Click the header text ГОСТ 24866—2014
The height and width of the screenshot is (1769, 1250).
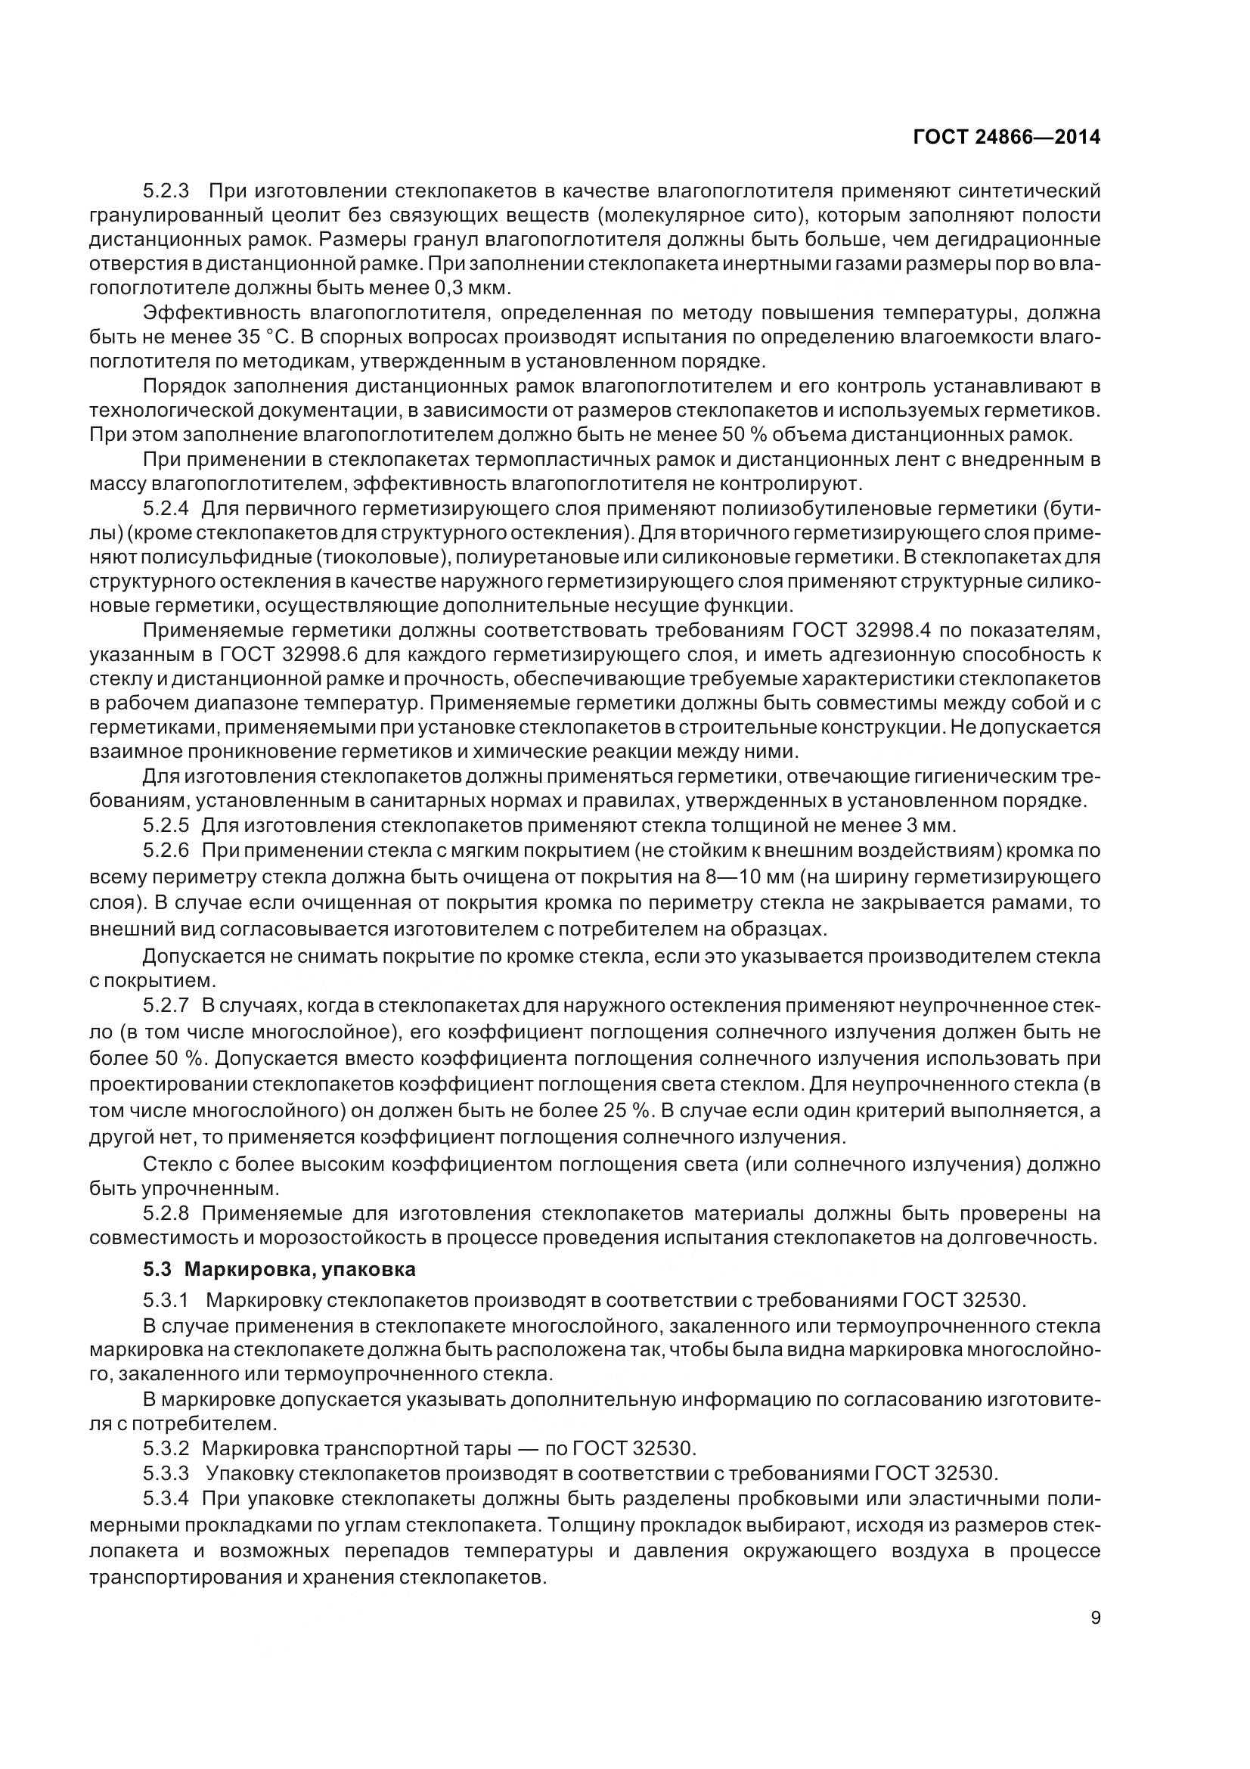(1007, 137)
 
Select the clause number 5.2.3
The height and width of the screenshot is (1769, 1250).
(166, 191)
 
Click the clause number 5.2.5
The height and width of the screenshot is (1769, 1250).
(166, 826)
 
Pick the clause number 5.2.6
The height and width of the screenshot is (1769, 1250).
(166, 851)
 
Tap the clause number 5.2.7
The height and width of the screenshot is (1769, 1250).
(166, 1006)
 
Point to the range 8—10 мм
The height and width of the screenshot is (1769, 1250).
(764, 877)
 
